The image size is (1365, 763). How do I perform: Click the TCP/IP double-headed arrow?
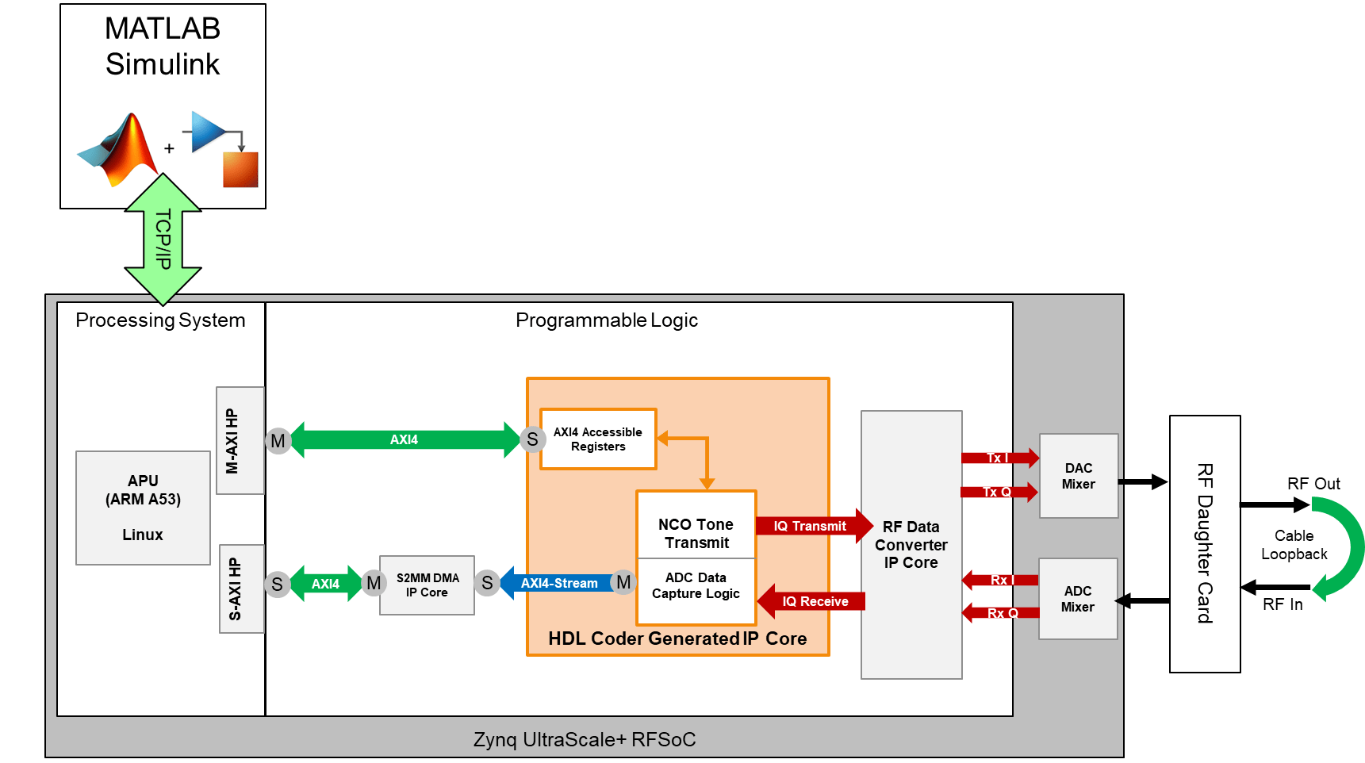[163, 240]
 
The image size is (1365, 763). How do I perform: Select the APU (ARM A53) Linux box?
[143, 508]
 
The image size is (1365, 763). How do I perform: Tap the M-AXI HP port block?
[240, 440]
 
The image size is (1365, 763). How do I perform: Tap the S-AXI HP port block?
[241, 589]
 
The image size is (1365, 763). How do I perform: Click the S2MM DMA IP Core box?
[427, 585]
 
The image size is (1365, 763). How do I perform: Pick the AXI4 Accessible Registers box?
[598, 439]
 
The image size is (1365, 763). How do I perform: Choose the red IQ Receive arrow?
[811, 601]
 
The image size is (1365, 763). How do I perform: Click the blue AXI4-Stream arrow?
[558, 583]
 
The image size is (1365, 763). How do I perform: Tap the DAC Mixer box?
[1079, 476]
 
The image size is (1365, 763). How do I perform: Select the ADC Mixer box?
[1078, 599]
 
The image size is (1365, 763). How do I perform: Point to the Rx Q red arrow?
[1001, 613]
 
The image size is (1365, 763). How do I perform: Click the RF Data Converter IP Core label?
[911, 545]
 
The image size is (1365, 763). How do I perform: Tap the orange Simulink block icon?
[240, 169]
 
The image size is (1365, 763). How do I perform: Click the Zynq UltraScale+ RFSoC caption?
[585, 739]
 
